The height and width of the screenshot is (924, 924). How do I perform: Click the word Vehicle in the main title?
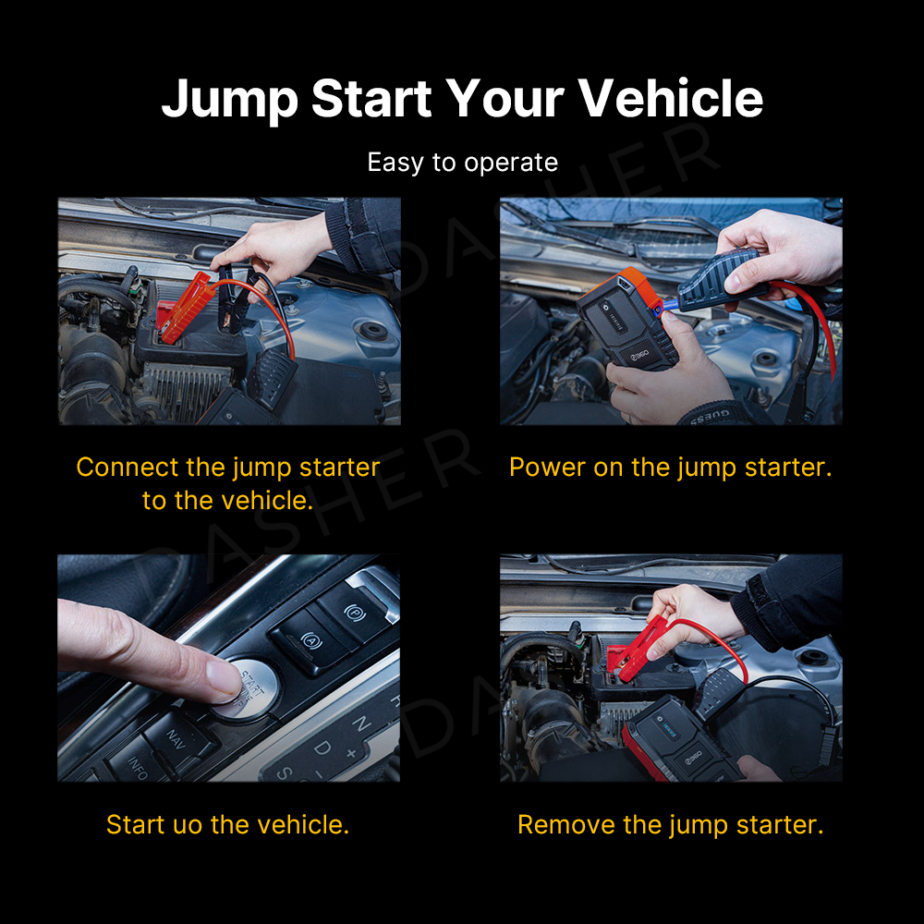pyautogui.click(x=670, y=99)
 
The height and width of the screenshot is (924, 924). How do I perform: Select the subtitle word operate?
pyautogui.click(x=510, y=164)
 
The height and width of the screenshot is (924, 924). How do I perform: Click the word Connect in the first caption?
pyautogui.click(x=128, y=468)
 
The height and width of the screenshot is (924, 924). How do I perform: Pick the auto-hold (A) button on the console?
pyautogui.click(x=310, y=640)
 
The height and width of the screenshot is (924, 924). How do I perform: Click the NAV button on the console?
pyautogui.click(x=176, y=739)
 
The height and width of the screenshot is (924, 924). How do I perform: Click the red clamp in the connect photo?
pyautogui.click(x=184, y=309)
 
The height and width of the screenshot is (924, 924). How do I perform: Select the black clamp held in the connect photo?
pyautogui.click(x=227, y=298)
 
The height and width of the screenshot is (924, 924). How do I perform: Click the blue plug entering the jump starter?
pyautogui.click(x=670, y=305)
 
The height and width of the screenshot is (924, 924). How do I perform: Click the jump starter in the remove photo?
pyautogui.click(x=681, y=739)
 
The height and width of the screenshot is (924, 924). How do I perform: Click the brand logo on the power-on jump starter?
pyautogui.click(x=640, y=354)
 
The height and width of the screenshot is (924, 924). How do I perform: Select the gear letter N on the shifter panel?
pyautogui.click(x=361, y=723)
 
